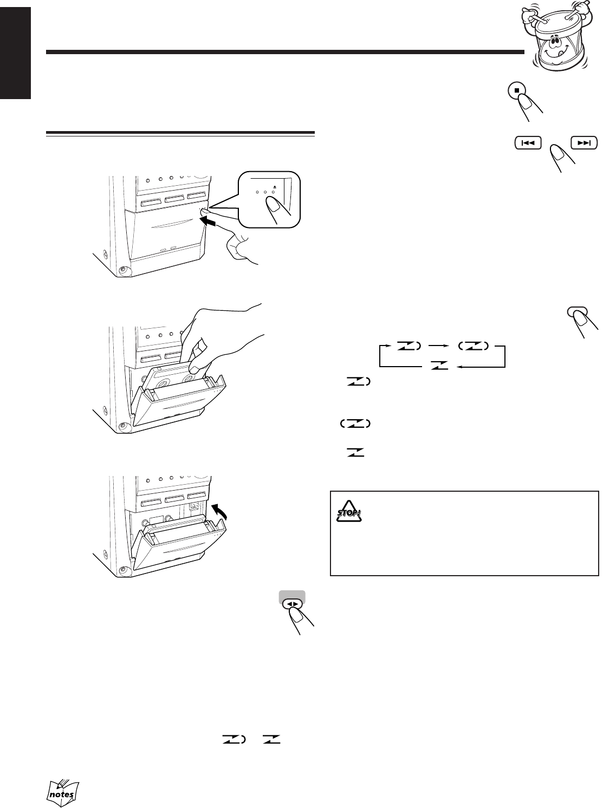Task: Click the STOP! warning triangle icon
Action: (x=349, y=512)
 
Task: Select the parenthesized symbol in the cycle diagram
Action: (x=473, y=345)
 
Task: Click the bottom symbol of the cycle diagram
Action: (x=440, y=366)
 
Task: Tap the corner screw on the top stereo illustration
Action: (x=122, y=269)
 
